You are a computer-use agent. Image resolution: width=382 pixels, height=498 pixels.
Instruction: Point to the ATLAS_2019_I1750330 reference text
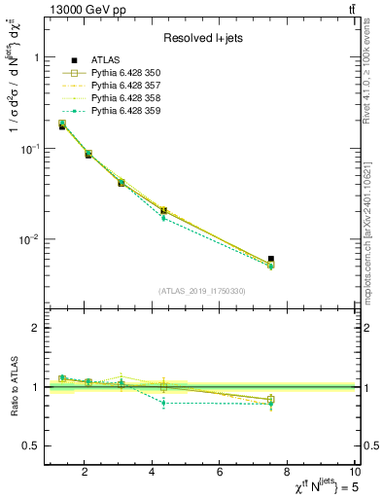(x=201, y=291)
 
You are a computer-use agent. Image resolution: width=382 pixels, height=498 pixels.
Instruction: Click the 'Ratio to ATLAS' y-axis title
(x=13, y=387)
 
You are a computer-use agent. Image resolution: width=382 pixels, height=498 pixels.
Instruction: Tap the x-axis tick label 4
(x=152, y=473)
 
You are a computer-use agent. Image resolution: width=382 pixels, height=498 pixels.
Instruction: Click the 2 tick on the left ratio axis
(x=36, y=328)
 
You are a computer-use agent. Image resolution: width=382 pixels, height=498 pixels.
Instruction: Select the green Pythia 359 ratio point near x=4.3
(x=163, y=402)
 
